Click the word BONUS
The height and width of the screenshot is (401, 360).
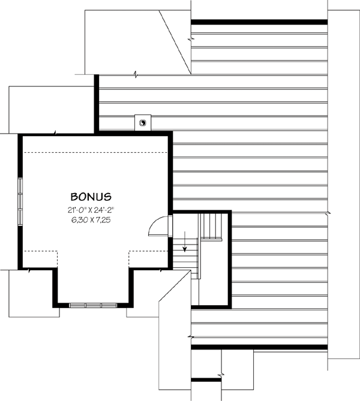point(92,196)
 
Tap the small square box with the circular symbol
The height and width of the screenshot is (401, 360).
point(143,122)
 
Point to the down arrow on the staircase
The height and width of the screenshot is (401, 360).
point(185,242)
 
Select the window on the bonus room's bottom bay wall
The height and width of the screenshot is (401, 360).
point(92,305)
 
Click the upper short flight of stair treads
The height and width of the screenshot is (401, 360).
point(211,225)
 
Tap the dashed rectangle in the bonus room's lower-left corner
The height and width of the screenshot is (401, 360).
point(40,260)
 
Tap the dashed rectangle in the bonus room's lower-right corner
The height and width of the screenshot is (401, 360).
point(148,260)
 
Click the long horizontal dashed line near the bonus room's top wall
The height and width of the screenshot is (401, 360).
point(95,152)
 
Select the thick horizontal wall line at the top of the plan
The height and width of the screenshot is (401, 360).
point(259,22)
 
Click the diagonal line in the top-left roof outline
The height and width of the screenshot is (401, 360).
point(176,42)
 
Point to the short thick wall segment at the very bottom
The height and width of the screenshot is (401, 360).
point(206,379)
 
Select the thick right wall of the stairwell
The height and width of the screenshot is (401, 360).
point(230,258)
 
